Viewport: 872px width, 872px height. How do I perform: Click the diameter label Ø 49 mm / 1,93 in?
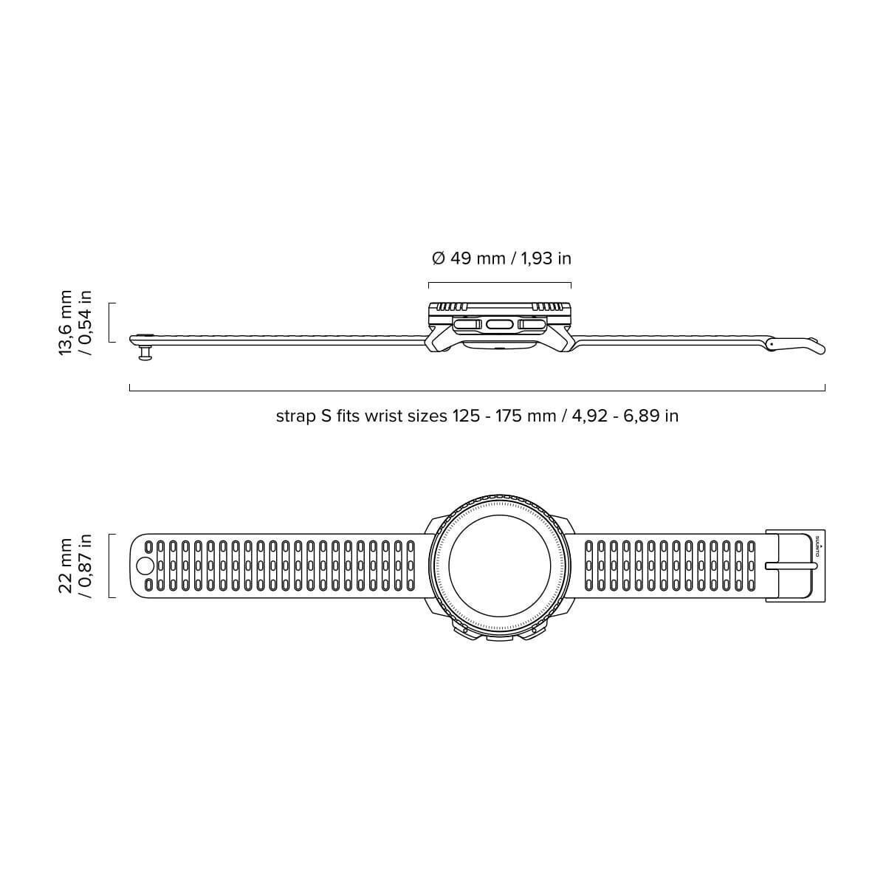(x=501, y=258)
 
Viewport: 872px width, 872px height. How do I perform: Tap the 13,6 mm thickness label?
(x=75, y=322)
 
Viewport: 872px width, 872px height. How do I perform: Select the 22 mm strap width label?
(x=75, y=566)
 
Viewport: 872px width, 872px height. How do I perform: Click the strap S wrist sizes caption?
(x=477, y=416)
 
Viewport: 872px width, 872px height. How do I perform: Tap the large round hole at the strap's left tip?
(x=145, y=566)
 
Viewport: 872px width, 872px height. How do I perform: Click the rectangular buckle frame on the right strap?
(x=790, y=566)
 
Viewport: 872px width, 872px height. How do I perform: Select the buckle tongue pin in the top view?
(x=791, y=566)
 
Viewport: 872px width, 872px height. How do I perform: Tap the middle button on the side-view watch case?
(x=499, y=324)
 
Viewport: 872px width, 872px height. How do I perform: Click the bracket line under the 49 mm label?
(x=499, y=283)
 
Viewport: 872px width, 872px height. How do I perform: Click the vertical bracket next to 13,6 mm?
(x=110, y=322)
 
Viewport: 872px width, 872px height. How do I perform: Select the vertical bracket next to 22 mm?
(x=110, y=566)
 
